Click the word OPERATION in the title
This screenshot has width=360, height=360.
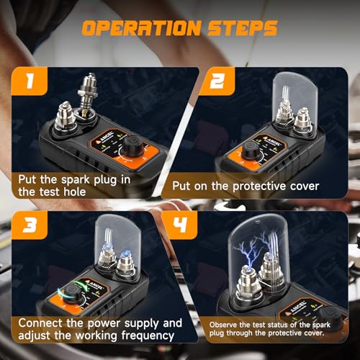pyautogui.click(x=141, y=28)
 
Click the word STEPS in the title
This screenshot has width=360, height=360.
pyautogui.click(x=243, y=28)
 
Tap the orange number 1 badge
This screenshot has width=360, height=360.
pyautogui.click(x=30, y=81)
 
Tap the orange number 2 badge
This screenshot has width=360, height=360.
pyautogui.click(x=217, y=81)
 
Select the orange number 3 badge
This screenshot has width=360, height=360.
pyautogui.click(x=30, y=225)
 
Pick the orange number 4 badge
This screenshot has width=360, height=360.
pyautogui.click(x=179, y=225)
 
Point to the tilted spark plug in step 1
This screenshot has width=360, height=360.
pyautogui.click(x=88, y=96)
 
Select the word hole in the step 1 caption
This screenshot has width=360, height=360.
pyautogui.click(x=75, y=192)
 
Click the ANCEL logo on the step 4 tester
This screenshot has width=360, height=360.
pyautogui.click(x=297, y=307)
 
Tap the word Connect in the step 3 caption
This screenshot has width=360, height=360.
pyautogui.click(x=40, y=323)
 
